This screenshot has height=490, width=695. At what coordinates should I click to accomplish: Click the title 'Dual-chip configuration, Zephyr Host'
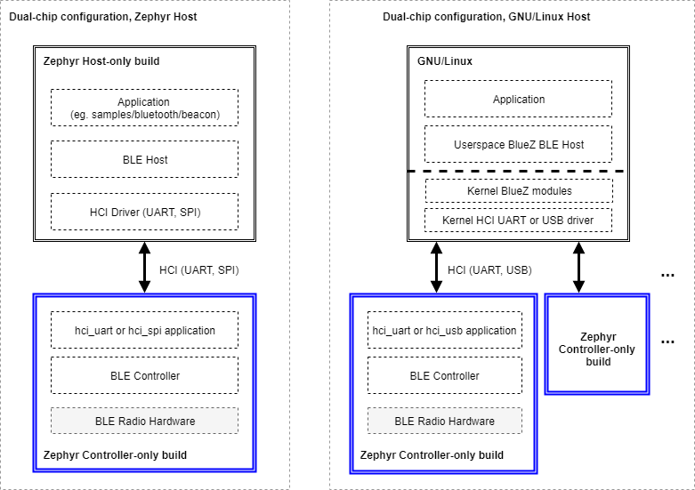pos(103,17)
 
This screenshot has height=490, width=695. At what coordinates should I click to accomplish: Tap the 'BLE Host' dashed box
pos(144,159)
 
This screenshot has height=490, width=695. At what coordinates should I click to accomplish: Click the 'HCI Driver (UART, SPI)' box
pos(144,212)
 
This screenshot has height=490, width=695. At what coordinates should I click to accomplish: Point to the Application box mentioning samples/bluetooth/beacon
pos(144,108)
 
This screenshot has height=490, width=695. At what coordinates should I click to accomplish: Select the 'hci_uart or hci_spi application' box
pos(144,330)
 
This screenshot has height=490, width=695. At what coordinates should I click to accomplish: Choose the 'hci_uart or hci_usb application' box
pos(444,330)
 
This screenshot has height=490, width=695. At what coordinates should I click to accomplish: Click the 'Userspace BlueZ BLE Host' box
pos(519,144)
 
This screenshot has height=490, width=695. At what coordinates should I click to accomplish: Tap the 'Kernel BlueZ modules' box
pos(519,191)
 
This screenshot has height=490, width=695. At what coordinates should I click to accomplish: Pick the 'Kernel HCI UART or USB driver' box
pos(519,220)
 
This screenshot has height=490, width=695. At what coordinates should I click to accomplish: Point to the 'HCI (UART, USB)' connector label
pos(489,269)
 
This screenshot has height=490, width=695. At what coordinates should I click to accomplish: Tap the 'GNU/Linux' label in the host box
pos(445,61)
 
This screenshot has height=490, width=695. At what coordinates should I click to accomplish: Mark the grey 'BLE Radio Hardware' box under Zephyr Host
pos(144,421)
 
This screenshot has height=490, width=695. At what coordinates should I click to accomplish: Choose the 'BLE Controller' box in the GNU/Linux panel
pos(444,375)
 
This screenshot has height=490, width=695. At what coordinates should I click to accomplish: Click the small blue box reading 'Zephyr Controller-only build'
pos(596,343)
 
